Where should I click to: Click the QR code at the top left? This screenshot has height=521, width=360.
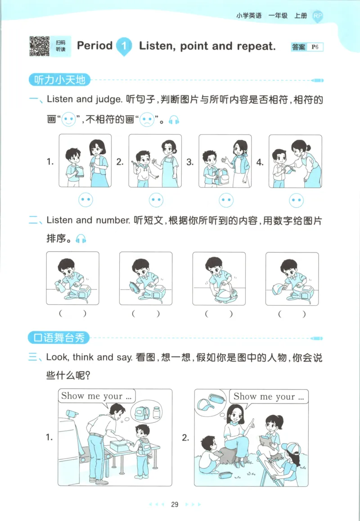pyautogui.click(x=40, y=46)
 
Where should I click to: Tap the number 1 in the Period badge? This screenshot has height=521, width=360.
pyautogui.click(x=124, y=46)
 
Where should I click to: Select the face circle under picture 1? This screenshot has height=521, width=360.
pyautogui.click(x=85, y=199)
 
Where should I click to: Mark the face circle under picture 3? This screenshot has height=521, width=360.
pyautogui.click(x=226, y=199)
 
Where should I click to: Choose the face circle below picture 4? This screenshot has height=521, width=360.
pyautogui.click(x=296, y=199)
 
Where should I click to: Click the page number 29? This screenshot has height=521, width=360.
pyautogui.click(x=175, y=504)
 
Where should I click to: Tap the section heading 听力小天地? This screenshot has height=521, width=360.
pyautogui.click(x=59, y=80)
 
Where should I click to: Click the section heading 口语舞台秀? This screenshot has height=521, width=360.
pyautogui.click(x=59, y=337)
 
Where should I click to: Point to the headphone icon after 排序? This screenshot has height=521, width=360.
pyautogui.click(x=81, y=239)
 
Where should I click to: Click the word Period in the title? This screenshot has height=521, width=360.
pyautogui.click(x=94, y=45)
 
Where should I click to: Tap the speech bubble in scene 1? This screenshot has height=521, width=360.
pyautogui.click(x=97, y=396)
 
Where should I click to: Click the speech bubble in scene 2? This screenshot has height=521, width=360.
pyautogui.click(x=268, y=397)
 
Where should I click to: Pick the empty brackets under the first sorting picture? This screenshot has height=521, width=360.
pyautogui.click(x=72, y=314)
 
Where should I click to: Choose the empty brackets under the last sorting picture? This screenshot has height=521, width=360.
pyautogui.click(x=292, y=314)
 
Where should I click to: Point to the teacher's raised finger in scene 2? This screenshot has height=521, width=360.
pyautogui.click(x=252, y=421)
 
